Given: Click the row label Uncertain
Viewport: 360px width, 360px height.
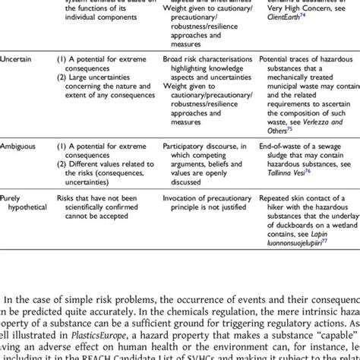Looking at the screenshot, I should (x=17, y=58).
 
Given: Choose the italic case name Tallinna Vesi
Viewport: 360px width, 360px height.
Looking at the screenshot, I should (x=279, y=171).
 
